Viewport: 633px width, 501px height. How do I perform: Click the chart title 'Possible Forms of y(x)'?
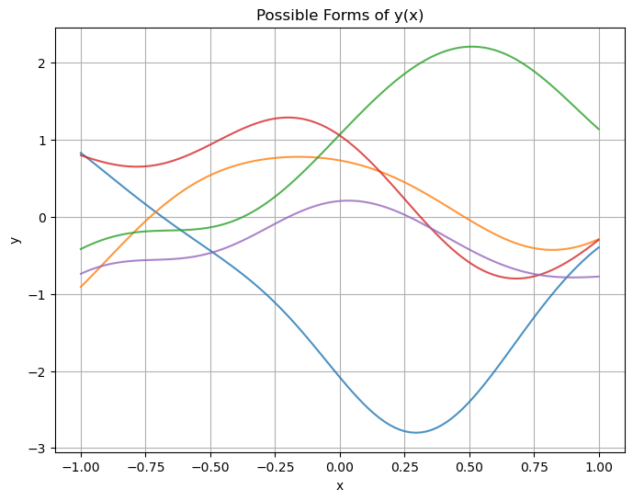point(340,15)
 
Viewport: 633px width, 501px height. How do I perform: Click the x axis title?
point(340,485)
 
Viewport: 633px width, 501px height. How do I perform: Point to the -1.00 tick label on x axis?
point(81,466)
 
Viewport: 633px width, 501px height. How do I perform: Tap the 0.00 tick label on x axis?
point(340,466)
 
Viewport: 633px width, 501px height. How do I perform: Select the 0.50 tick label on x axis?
point(469,466)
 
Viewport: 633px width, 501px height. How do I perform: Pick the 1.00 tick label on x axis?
point(599,466)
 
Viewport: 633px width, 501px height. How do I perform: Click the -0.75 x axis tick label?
point(145,466)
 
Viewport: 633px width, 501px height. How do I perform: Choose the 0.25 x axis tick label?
point(405,466)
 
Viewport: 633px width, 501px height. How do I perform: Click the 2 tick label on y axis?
point(42,63)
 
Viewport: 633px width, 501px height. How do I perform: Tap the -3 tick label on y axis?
point(39,450)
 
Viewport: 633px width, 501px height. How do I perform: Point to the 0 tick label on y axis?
point(42,218)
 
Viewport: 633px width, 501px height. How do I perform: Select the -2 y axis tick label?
point(39,372)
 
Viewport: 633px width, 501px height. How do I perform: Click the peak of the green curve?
point(471,47)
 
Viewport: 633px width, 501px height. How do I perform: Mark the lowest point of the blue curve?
point(416,432)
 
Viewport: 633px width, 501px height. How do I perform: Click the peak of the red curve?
point(288,118)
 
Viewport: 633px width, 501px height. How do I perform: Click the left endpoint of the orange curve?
point(81,287)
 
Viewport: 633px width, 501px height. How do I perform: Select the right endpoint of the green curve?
point(599,129)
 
